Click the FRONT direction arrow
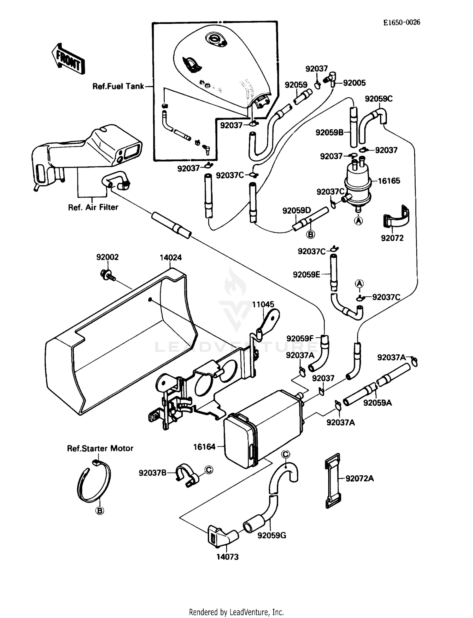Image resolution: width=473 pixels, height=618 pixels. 68,59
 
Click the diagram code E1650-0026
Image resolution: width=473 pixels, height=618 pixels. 401,22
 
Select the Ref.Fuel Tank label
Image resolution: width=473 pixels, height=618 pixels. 118,86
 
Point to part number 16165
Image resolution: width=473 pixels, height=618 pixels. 389,181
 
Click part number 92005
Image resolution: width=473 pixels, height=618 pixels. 354,83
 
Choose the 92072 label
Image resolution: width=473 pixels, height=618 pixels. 392,238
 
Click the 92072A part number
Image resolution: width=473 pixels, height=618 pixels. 359,478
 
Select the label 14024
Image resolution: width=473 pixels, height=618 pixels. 171,257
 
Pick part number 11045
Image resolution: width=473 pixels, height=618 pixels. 263,304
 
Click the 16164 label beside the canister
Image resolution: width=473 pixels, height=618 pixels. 204,447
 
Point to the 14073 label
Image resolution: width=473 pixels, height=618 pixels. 227,557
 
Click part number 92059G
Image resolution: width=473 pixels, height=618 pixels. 272,535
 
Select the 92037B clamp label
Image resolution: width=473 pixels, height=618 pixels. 152,473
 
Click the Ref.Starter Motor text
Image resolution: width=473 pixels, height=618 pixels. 100,448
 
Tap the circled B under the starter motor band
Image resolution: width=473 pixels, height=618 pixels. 100,511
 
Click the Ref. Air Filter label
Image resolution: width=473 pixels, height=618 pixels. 93,207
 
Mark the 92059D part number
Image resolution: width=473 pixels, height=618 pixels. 296,210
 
